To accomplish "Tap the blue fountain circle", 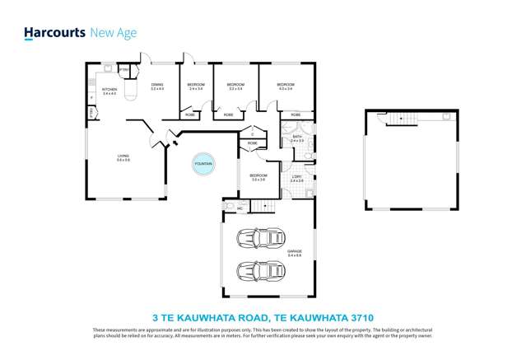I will (x=203, y=164).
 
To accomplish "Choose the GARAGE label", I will (x=295, y=252).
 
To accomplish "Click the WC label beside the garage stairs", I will (x=240, y=208).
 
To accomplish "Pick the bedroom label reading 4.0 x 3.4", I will (x=286, y=86).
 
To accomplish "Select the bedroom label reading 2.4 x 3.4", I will (x=196, y=86).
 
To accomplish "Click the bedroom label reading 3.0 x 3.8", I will (x=258, y=176).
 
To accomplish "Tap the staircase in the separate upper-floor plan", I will (x=403, y=119).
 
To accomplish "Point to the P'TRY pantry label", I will (x=123, y=70).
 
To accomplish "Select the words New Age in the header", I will (x=112, y=33).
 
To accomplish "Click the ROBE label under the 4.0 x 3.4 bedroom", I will (x=296, y=115).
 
